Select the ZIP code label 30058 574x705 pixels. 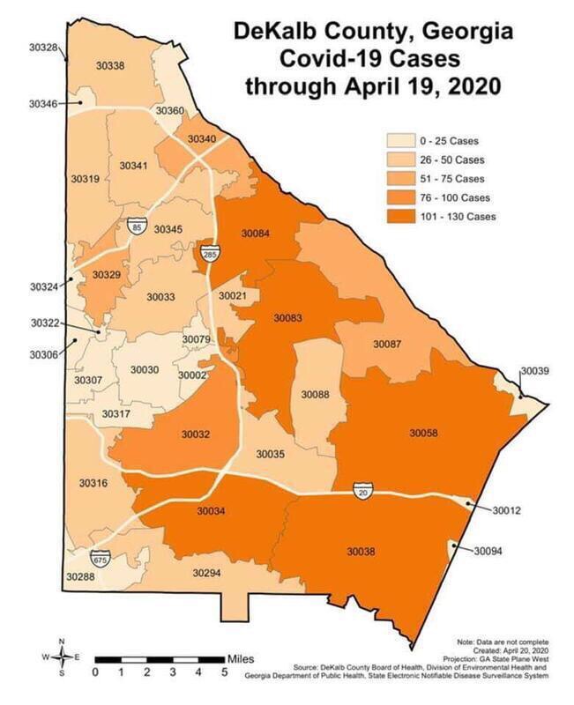coord(423,433)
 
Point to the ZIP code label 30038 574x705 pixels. coord(361,552)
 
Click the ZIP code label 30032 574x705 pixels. coord(196,434)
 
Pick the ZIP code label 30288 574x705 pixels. coord(80,576)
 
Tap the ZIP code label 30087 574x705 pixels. coord(387,343)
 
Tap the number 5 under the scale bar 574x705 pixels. coord(225,673)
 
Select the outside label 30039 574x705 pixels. coord(534,371)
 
